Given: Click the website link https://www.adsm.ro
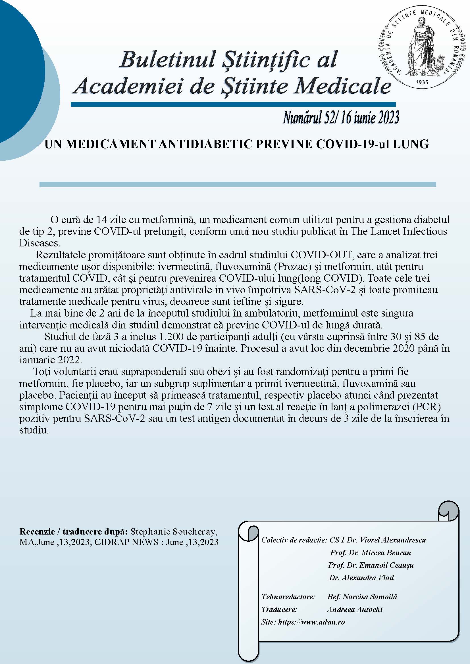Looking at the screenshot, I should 311,622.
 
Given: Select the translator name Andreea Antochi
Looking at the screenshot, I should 355,609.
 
